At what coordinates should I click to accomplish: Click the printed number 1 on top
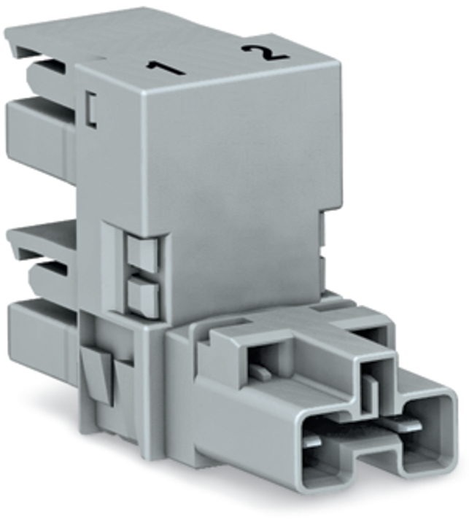pos(166,67)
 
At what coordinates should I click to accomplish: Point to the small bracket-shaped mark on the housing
pos(91,109)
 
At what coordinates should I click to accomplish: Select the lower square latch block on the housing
pos(142,294)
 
